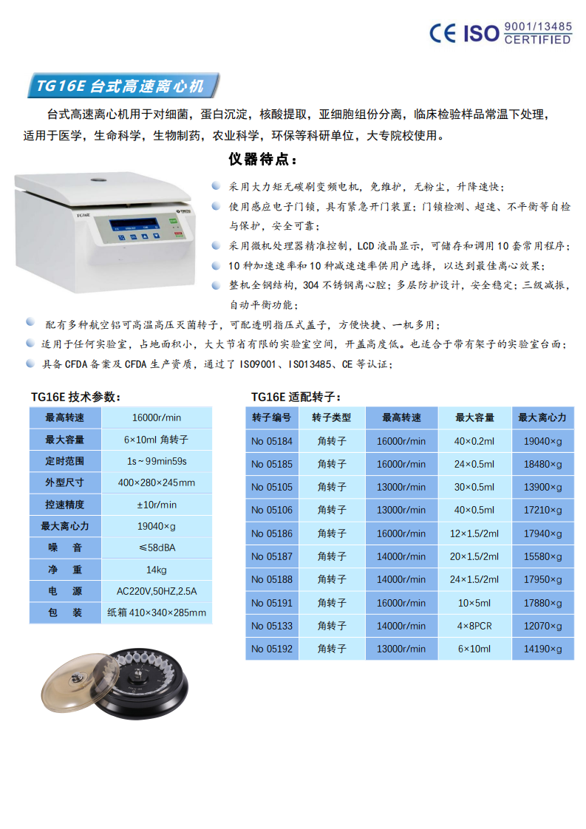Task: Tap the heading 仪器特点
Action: tap(263, 160)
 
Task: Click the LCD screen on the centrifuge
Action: tap(134, 226)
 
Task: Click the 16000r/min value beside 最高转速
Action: tap(157, 417)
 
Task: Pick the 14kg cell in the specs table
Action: tap(157, 570)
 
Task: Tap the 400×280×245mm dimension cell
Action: tap(157, 482)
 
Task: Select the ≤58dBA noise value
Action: tap(157, 547)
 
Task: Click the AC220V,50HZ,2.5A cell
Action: tap(157, 591)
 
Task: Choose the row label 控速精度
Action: tap(65, 505)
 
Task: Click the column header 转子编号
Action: tap(271, 417)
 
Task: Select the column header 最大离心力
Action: tap(542, 417)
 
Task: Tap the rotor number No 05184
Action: tap(271, 441)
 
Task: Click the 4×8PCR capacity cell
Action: tap(474, 626)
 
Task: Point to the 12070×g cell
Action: tap(542, 626)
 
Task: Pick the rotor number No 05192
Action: tap(271, 649)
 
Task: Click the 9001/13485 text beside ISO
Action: tap(537, 27)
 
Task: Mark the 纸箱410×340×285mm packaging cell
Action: tap(157, 613)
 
